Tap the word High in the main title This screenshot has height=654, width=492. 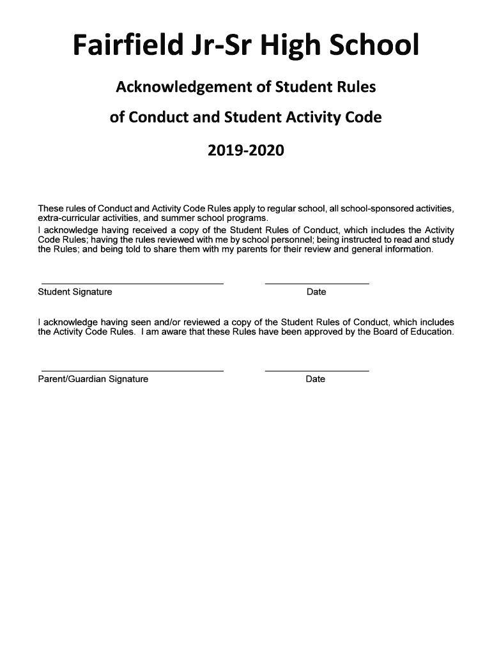(298, 46)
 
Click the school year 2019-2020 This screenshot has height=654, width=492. (245, 151)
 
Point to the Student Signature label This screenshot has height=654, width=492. (75, 292)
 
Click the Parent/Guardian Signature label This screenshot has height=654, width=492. (93, 379)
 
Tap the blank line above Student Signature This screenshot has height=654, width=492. (132, 284)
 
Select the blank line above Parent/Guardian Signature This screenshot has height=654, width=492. (132, 371)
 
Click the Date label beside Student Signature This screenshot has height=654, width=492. (316, 292)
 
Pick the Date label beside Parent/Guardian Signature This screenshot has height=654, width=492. (316, 379)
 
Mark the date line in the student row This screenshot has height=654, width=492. (317, 284)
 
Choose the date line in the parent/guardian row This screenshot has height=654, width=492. (317, 371)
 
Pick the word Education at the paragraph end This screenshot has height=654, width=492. (431, 332)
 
